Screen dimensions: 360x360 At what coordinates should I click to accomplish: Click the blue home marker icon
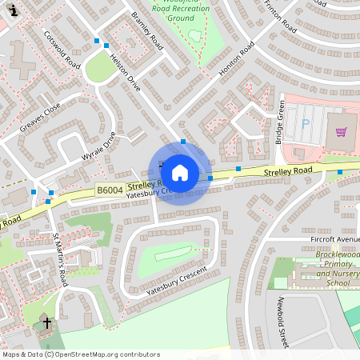[x=180, y=172]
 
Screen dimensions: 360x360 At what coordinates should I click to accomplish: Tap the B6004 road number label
[x=110, y=190]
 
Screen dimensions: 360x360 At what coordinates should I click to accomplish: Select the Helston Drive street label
[x=125, y=72]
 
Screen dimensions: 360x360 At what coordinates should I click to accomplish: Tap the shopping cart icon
[x=341, y=132]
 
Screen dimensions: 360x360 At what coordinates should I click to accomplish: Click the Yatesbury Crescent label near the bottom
[x=176, y=282]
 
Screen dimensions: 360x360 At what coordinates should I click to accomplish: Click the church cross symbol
[x=47, y=323]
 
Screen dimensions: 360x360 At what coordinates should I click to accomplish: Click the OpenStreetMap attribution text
[x=80, y=354]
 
